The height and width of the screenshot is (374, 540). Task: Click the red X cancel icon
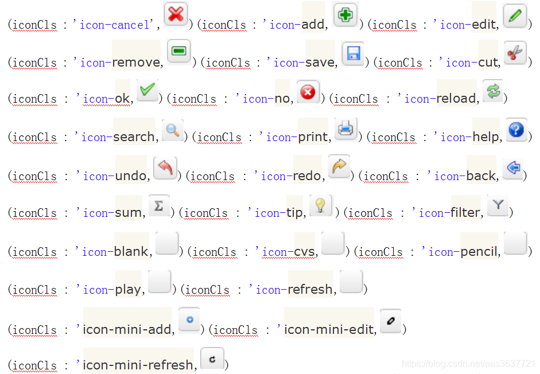176,14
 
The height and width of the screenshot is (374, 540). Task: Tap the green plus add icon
345,14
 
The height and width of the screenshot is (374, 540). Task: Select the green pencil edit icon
515,15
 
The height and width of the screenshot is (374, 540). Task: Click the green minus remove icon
179,52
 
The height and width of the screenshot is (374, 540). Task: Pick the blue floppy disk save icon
353,53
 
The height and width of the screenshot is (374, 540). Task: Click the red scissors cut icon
515,52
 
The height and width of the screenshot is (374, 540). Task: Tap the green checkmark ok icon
147,89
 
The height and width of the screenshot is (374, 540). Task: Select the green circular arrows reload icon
492,91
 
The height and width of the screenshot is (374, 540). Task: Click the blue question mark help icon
516,130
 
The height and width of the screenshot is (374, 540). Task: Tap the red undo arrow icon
165,167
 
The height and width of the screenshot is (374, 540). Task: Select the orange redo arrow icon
339,167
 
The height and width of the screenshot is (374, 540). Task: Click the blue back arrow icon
513,167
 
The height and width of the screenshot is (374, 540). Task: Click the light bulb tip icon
321,205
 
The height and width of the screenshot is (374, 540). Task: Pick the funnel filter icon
498,205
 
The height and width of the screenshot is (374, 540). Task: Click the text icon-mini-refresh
138,365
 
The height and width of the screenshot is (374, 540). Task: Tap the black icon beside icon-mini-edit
390,321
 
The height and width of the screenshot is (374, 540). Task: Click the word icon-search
118,137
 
